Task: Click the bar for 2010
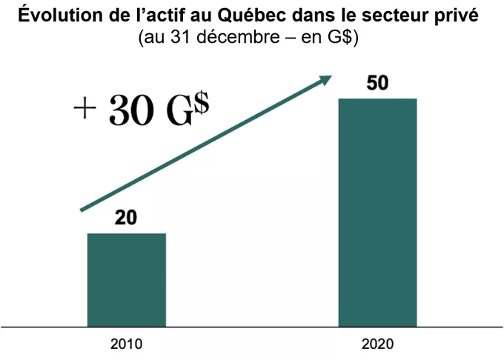127,279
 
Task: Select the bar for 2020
378,212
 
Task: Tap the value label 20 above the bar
127,219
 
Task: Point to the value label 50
378,83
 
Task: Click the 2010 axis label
126,344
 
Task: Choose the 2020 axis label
378,344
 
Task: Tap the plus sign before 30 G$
86,110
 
